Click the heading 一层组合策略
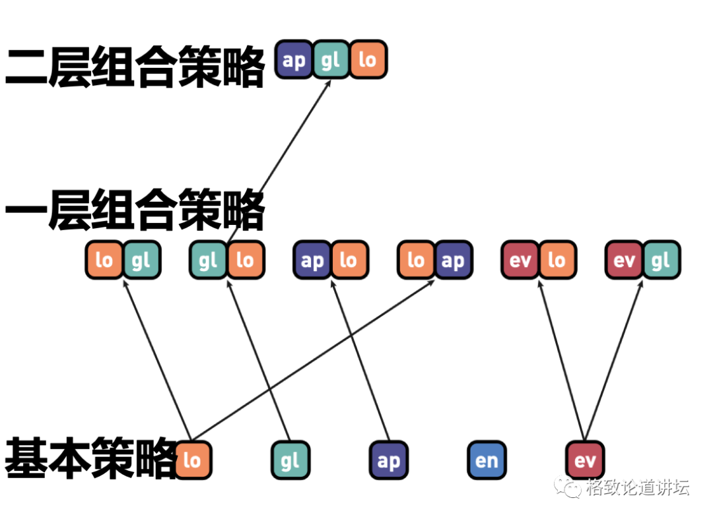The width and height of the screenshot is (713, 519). pyautogui.click(x=135, y=210)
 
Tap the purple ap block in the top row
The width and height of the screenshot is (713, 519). pyautogui.click(x=294, y=61)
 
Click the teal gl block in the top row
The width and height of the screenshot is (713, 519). pyautogui.click(x=330, y=61)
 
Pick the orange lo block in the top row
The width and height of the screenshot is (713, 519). pyautogui.click(x=367, y=61)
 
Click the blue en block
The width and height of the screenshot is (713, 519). pyautogui.click(x=487, y=460)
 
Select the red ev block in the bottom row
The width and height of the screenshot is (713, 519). pyautogui.click(x=585, y=460)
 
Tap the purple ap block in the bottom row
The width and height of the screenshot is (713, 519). pyautogui.click(x=388, y=460)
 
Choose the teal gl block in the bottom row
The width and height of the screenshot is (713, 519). pyautogui.click(x=290, y=460)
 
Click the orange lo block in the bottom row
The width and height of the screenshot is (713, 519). pyautogui.click(x=192, y=460)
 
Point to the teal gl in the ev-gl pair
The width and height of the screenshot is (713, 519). pyautogui.click(x=661, y=260)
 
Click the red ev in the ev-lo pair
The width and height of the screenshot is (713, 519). pyautogui.click(x=520, y=260)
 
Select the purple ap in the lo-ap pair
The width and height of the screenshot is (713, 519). pyautogui.click(x=453, y=260)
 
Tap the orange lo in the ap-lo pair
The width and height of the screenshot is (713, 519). pyautogui.click(x=349, y=260)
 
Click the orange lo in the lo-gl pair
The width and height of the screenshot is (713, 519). pyautogui.click(x=104, y=260)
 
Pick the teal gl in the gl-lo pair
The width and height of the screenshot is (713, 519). pyautogui.click(x=208, y=260)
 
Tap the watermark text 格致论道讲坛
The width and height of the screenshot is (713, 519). pyautogui.click(x=637, y=488)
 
